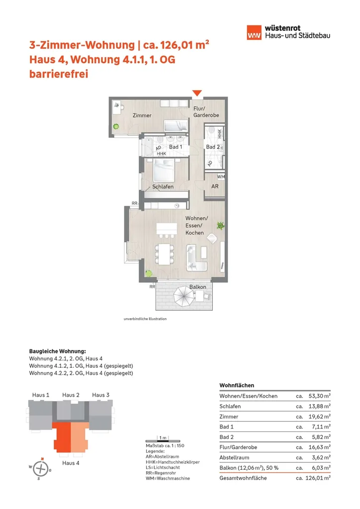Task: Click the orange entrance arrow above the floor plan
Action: pos(197,92)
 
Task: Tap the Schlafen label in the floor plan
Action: pos(163,186)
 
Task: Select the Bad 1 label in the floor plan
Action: pos(176,147)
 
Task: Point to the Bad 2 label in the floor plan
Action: pos(213,147)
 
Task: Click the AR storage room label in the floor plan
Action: pos(215,187)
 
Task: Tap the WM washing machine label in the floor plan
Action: pos(221,176)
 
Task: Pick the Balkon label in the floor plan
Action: pos(197,288)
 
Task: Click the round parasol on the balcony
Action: pos(181,299)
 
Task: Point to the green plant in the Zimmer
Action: pos(116,127)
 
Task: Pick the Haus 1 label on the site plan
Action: pos(41,395)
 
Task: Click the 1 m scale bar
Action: pos(162,439)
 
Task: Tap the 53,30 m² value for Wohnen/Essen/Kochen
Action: pos(320,396)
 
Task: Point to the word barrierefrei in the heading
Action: pos(59,75)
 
